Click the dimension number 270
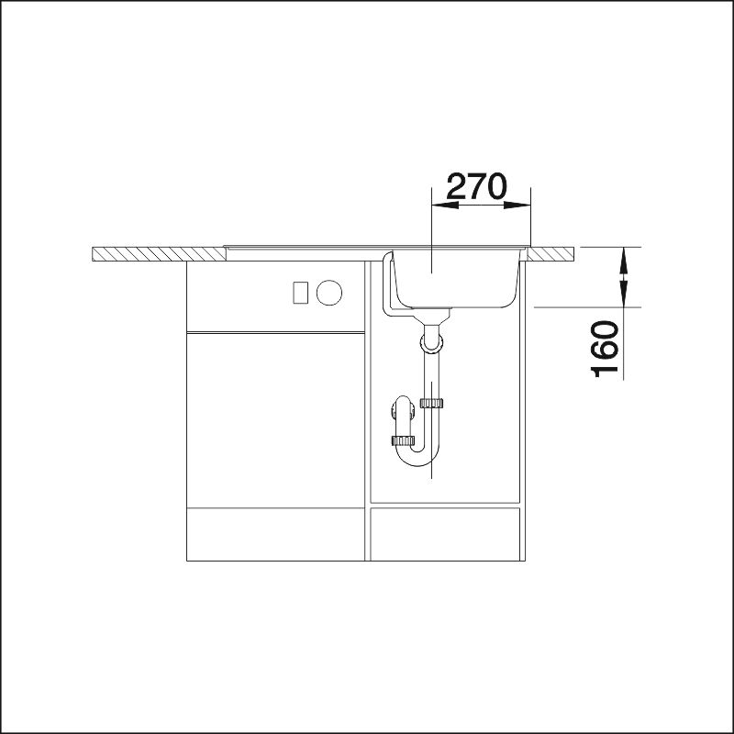pos(476,186)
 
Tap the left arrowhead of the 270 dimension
pos(445,205)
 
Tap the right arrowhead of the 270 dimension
pos(517,205)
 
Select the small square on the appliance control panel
pos(300,293)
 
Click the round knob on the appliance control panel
pos(329,293)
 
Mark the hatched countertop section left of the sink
pos(159,254)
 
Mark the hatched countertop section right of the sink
pos(551,254)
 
